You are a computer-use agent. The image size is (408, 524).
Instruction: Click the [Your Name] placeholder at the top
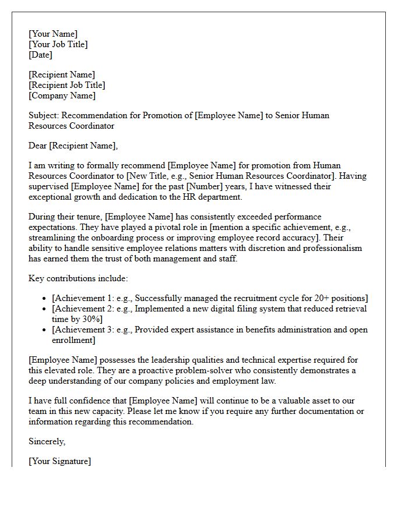coord(53,34)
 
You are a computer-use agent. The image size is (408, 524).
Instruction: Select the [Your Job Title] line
coord(58,44)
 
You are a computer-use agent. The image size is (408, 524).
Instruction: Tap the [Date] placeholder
coord(40,55)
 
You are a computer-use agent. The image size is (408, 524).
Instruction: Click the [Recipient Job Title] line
coord(67,85)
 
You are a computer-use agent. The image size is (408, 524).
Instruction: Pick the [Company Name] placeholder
coord(62,95)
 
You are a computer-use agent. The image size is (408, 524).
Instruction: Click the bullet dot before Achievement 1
coord(45,299)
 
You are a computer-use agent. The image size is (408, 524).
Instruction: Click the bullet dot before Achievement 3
coord(45,330)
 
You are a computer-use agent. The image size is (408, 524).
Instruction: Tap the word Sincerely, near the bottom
coord(47,441)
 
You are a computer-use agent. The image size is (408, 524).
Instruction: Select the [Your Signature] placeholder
coord(59,461)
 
